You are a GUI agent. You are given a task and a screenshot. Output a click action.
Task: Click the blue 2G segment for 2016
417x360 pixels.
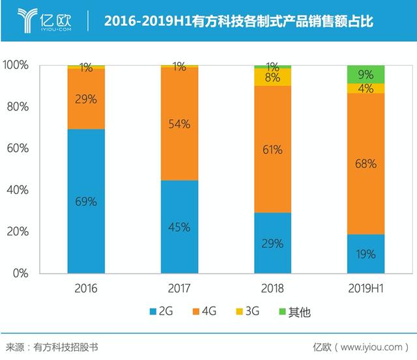86,201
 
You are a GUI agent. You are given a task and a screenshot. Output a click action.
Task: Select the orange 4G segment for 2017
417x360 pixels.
179,124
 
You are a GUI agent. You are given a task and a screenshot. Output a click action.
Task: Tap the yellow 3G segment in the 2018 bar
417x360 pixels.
272,77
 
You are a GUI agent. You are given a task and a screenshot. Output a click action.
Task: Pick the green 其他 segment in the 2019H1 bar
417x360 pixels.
366,74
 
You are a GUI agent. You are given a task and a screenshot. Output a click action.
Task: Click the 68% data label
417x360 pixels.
366,164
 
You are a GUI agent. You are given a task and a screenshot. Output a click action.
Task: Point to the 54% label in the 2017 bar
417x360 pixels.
179,124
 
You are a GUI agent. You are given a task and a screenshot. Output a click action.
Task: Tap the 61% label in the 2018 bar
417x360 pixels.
272,150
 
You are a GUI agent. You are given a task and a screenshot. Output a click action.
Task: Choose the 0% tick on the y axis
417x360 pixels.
21,273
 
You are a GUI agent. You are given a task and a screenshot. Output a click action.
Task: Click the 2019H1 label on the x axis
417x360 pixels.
366,288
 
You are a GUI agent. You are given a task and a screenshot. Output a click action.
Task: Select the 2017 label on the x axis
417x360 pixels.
179,288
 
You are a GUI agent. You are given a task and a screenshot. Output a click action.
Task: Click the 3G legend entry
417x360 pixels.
250,312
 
